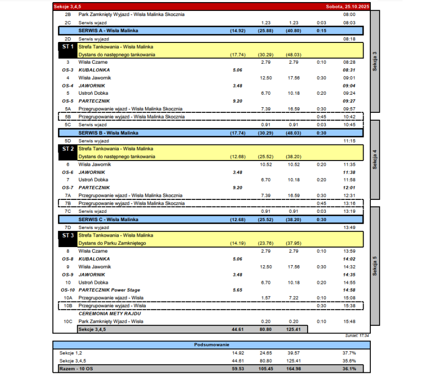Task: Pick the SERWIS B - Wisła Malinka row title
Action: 107,133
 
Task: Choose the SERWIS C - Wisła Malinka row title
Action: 107,220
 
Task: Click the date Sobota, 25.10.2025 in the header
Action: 346,7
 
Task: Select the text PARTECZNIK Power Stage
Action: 109,290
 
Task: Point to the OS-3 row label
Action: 67,70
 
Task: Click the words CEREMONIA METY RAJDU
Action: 109,313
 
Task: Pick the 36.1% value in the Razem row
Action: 349,369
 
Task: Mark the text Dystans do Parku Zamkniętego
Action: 113,243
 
